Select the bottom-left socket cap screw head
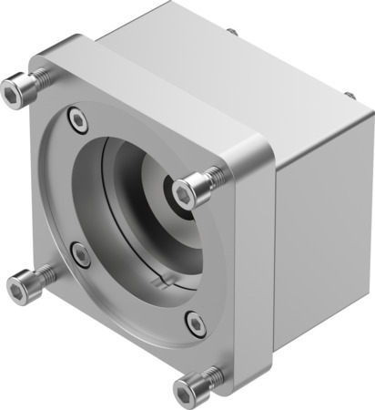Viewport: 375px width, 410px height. click(x=20, y=290)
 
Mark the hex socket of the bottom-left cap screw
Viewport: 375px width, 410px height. click(x=17, y=291)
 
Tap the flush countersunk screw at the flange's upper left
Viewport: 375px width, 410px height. click(x=76, y=118)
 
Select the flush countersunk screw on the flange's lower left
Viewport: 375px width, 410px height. click(x=82, y=256)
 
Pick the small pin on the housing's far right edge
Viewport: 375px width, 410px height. click(x=349, y=94)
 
